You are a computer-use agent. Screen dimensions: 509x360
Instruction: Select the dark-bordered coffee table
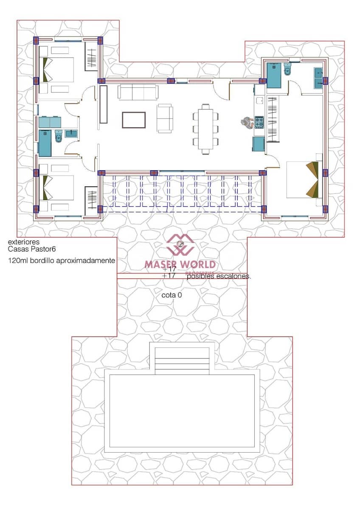[134, 120]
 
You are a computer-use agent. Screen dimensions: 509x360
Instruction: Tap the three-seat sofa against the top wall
[138, 91]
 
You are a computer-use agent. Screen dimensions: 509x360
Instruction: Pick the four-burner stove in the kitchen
[259, 123]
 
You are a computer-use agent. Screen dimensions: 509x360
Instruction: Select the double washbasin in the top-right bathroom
[318, 78]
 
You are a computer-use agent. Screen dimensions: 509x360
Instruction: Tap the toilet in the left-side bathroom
[59, 137]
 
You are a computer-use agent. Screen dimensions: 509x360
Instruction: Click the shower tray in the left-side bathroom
[45, 143]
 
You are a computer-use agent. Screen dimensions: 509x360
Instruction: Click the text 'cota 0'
[172, 295]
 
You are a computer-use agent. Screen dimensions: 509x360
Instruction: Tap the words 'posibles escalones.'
[219, 277]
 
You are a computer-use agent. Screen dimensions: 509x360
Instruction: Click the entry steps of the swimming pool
[182, 361]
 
